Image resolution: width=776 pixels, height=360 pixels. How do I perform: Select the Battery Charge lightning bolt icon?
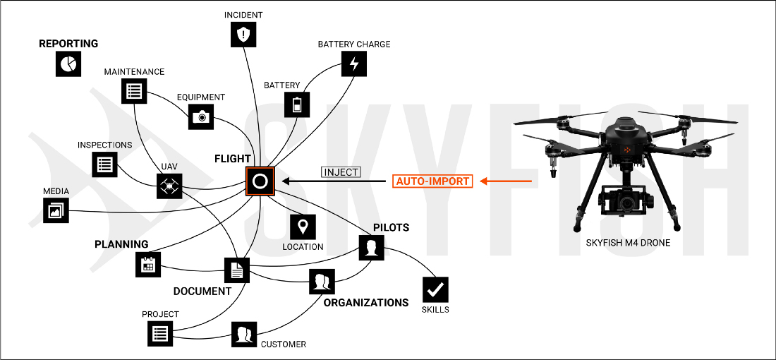[x=354, y=64]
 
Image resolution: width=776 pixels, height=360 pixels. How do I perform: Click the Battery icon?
[x=296, y=104]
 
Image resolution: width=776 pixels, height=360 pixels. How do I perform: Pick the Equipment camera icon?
[x=202, y=116]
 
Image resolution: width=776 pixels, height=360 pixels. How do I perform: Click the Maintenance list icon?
[x=134, y=90]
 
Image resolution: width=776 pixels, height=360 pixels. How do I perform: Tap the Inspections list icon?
[x=104, y=164]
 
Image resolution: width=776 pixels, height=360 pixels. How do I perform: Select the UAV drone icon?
[x=169, y=187]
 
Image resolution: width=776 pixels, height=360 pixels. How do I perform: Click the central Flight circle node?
[x=259, y=181]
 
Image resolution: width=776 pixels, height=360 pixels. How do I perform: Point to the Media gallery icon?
[x=56, y=210]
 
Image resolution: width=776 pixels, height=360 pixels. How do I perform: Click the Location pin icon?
[x=303, y=227]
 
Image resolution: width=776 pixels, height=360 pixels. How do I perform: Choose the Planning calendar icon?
[x=148, y=264]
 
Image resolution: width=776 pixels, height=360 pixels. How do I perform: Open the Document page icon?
[x=237, y=269]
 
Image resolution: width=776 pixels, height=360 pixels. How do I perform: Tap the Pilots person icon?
[x=372, y=248]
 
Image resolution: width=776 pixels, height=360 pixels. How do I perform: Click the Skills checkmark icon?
[x=435, y=289]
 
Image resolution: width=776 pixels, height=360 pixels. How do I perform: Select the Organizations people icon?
[x=322, y=282]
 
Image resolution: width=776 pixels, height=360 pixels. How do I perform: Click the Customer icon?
[x=244, y=333]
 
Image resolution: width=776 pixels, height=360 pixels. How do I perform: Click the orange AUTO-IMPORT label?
[x=432, y=181]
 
